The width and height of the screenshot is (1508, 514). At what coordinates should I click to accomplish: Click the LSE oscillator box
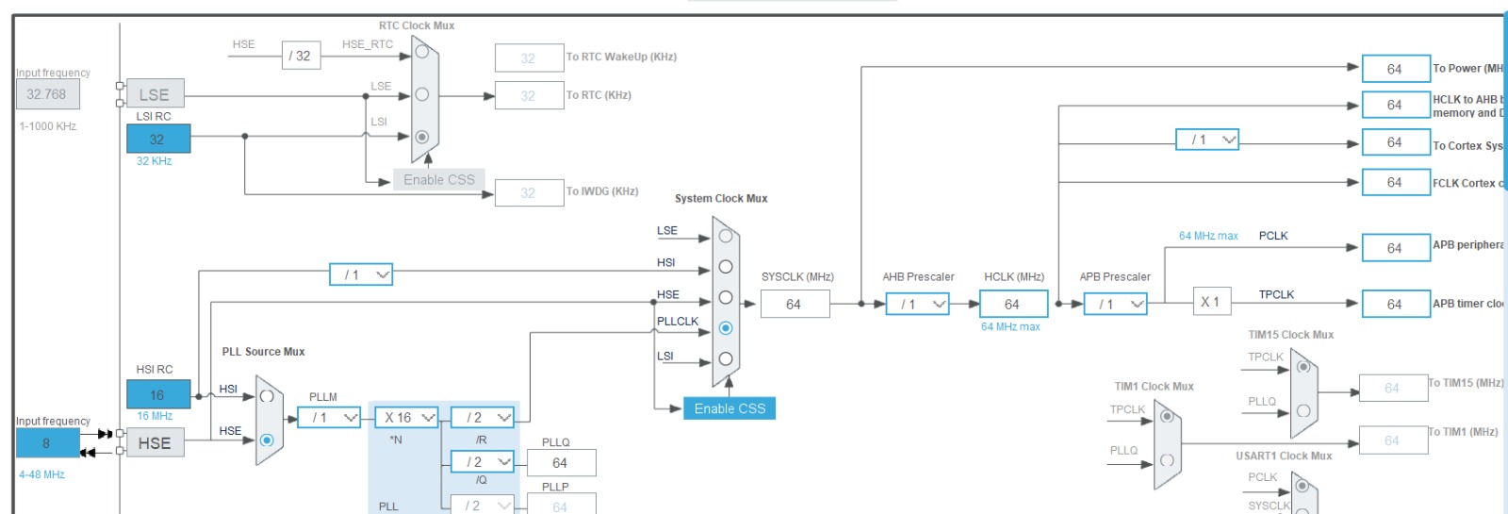[x=155, y=94]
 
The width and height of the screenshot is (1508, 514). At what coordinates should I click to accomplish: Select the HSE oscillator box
[x=155, y=443]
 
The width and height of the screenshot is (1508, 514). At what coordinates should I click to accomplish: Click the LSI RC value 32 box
[x=158, y=139]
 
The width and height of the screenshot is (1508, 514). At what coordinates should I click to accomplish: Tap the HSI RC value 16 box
[x=158, y=394]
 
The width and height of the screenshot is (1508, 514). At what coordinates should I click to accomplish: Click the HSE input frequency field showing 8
[x=47, y=442]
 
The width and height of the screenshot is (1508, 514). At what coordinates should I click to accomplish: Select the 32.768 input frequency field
[x=47, y=94]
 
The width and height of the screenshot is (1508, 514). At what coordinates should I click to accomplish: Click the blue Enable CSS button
[x=729, y=408]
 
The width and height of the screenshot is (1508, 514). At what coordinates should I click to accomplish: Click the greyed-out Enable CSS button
[x=439, y=179]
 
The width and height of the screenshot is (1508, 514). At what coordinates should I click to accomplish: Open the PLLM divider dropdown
[x=329, y=417]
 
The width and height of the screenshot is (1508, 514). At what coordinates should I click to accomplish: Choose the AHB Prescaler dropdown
[x=917, y=304]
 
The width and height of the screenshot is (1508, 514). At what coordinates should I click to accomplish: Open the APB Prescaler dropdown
[x=1115, y=304]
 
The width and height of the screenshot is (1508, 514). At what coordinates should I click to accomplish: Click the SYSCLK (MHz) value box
[x=795, y=304]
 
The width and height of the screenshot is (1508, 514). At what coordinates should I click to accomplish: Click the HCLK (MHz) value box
[x=1013, y=304]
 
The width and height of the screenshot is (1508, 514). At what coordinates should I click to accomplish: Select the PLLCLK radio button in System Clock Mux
[x=726, y=328]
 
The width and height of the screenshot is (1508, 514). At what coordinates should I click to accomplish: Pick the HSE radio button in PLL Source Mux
[x=267, y=440]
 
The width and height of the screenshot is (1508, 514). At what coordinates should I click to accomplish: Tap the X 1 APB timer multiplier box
[x=1210, y=302]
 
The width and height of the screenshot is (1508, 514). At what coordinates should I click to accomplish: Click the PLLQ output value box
[x=561, y=462]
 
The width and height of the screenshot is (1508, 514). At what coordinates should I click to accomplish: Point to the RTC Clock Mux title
[x=417, y=25]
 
